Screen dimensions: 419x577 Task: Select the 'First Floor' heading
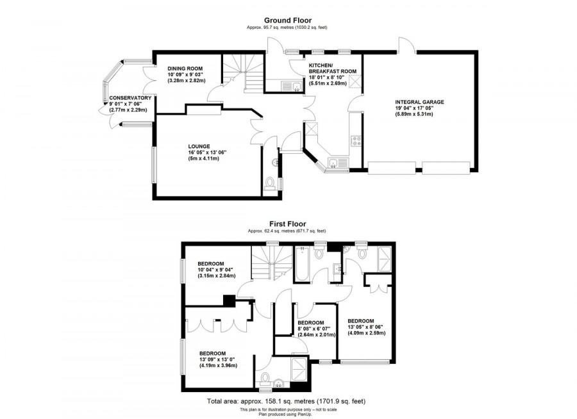(x=287, y=224)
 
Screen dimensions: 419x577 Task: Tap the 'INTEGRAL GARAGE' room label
(x=419, y=102)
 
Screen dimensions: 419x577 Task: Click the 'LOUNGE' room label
(x=199, y=146)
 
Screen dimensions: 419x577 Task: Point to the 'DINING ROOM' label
(x=185, y=69)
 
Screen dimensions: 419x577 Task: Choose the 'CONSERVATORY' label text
(x=130, y=98)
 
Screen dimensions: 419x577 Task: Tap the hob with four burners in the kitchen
(x=355, y=142)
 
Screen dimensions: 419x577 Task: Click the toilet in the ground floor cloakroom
(x=272, y=183)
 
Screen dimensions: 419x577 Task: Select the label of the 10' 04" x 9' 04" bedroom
(x=211, y=263)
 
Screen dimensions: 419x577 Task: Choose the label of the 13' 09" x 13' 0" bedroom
(x=212, y=353)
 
